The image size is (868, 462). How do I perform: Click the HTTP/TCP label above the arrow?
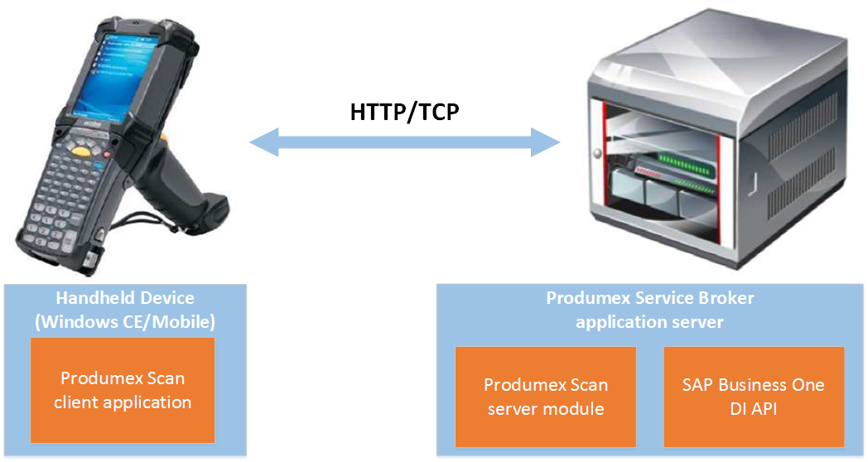pos(404,111)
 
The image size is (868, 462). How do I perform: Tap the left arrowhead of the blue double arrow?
pos(263,141)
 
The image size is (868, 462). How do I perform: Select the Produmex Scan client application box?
pos(123,390)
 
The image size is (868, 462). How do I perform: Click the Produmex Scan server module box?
pos(545,397)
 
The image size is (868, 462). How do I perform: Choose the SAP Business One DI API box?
pos(753,397)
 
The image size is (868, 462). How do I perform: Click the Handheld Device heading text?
pos(124,298)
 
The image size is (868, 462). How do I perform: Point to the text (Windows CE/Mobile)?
pos(124,321)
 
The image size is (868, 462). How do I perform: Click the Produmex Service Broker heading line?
pos(649,298)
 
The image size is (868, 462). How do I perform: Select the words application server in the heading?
pos(649,321)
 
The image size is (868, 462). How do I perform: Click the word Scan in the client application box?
pos(165,378)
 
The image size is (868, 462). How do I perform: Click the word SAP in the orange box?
pos(699,385)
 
